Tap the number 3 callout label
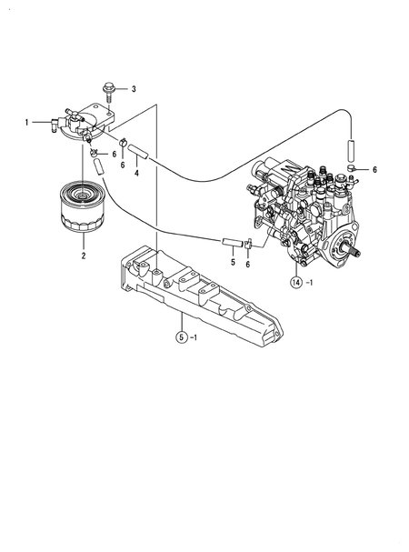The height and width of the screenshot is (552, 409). coord(133,88)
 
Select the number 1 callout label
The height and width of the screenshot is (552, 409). coord(27,121)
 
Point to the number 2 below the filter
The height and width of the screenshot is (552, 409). coord(84,256)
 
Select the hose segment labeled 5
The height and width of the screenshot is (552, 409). coord(233,243)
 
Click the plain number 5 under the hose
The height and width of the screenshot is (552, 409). coord(233,263)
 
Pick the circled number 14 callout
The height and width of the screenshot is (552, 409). coord(296,282)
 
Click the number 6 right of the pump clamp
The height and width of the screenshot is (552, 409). coord(375,170)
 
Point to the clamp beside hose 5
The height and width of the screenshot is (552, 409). coord(247,244)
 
